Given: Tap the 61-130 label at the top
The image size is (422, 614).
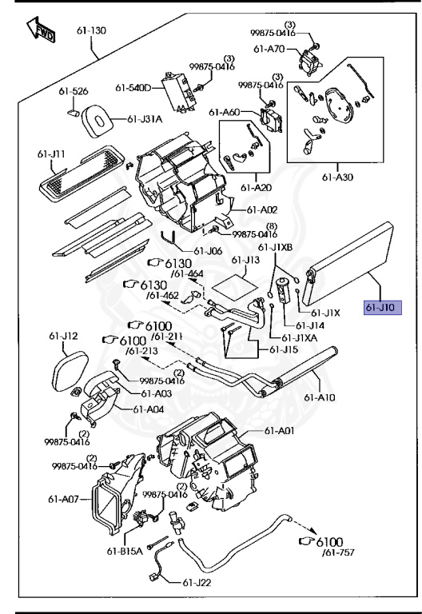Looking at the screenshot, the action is [x=91, y=30].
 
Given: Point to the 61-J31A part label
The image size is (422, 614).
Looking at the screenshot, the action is [x=145, y=119].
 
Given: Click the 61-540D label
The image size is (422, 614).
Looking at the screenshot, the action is [x=133, y=88].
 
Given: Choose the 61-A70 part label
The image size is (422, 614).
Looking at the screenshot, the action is [x=269, y=50].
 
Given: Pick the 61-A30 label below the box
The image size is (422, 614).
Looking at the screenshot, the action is [x=337, y=177].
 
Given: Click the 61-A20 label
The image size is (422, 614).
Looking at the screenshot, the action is [x=256, y=188].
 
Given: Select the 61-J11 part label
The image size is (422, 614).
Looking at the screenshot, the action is [x=51, y=153].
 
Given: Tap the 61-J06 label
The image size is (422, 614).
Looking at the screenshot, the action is [x=208, y=251].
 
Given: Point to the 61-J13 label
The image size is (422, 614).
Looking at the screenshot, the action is [x=245, y=260].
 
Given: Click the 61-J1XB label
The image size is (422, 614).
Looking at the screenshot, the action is [x=275, y=248].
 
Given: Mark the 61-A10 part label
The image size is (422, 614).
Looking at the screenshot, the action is [x=320, y=397].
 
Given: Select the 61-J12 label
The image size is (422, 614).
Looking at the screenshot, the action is [x=63, y=336].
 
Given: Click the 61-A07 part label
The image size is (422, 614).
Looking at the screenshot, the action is [x=63, y=499].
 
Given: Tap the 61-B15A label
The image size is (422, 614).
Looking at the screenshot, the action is [x=125, y=552].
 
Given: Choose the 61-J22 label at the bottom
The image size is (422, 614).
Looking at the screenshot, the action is [x=197, y=583].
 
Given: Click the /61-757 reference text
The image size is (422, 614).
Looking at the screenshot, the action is [x=338, y=552].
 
